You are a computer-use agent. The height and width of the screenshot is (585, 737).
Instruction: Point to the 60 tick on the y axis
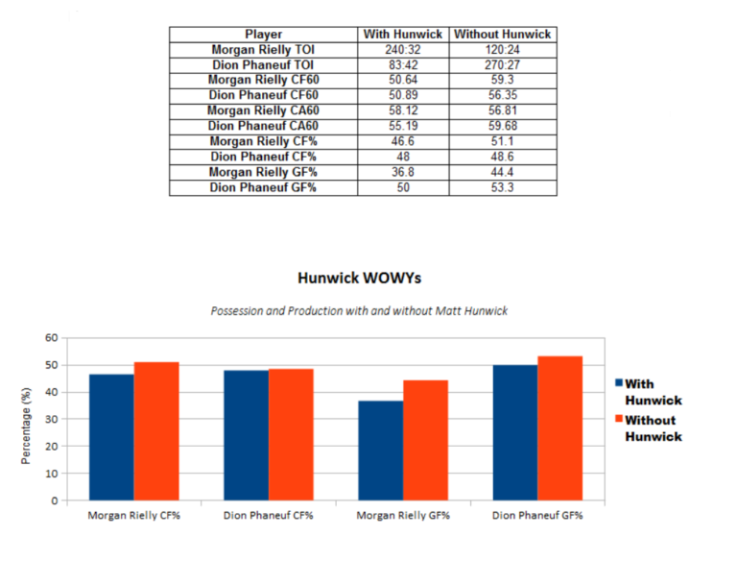[51, 338]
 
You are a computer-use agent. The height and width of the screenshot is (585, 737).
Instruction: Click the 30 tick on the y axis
[51, 419]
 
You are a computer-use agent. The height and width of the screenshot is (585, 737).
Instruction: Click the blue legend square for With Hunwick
[619, 383]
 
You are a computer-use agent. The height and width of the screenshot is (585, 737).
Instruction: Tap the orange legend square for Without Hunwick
[619, 420]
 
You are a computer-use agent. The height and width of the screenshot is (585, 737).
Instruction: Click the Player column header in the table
[263, 34]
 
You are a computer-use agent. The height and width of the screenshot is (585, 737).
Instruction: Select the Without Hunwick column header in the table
[502, 34]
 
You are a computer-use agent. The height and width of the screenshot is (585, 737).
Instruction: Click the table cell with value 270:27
[502, 65]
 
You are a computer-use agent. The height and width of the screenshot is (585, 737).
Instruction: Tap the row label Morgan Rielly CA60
[263, 110]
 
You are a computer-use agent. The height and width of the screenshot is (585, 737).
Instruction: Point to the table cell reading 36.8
[403, 173]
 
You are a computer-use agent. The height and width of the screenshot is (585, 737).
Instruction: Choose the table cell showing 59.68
[502, 126]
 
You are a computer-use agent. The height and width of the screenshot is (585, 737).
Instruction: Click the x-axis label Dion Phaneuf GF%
[537, 515]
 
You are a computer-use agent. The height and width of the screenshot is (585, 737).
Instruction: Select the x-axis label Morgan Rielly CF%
[133, 515]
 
